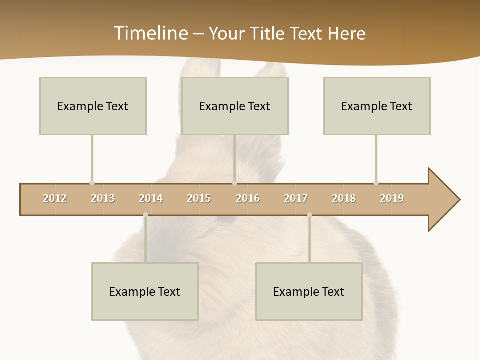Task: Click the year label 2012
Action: coord(55,198)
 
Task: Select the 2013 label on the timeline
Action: coord(103,198)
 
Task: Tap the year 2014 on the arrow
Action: coord(151,198)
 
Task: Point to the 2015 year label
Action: coord(199,198)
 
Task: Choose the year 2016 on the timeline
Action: coord(248,198)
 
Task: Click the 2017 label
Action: coord(296,198)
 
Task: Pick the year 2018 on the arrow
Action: coord(344,198)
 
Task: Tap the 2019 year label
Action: coord(392,198)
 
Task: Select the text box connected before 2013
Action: coord(93,106)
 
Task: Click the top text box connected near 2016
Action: coord(235,106)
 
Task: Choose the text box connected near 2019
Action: coord(377,106)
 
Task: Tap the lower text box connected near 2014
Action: coord(145,291)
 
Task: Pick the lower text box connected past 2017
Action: coord(309,291)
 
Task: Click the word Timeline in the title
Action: coord(150,33)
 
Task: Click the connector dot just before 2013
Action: coord(92,183)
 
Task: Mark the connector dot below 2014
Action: coord(145,215)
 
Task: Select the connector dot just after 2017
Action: coord(309,215)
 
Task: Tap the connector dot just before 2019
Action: coord(376,183)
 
